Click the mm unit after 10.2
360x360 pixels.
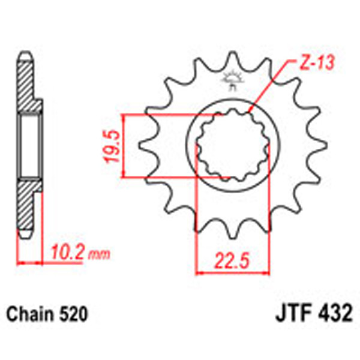pos(100,255)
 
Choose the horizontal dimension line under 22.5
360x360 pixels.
pos(233,273)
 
